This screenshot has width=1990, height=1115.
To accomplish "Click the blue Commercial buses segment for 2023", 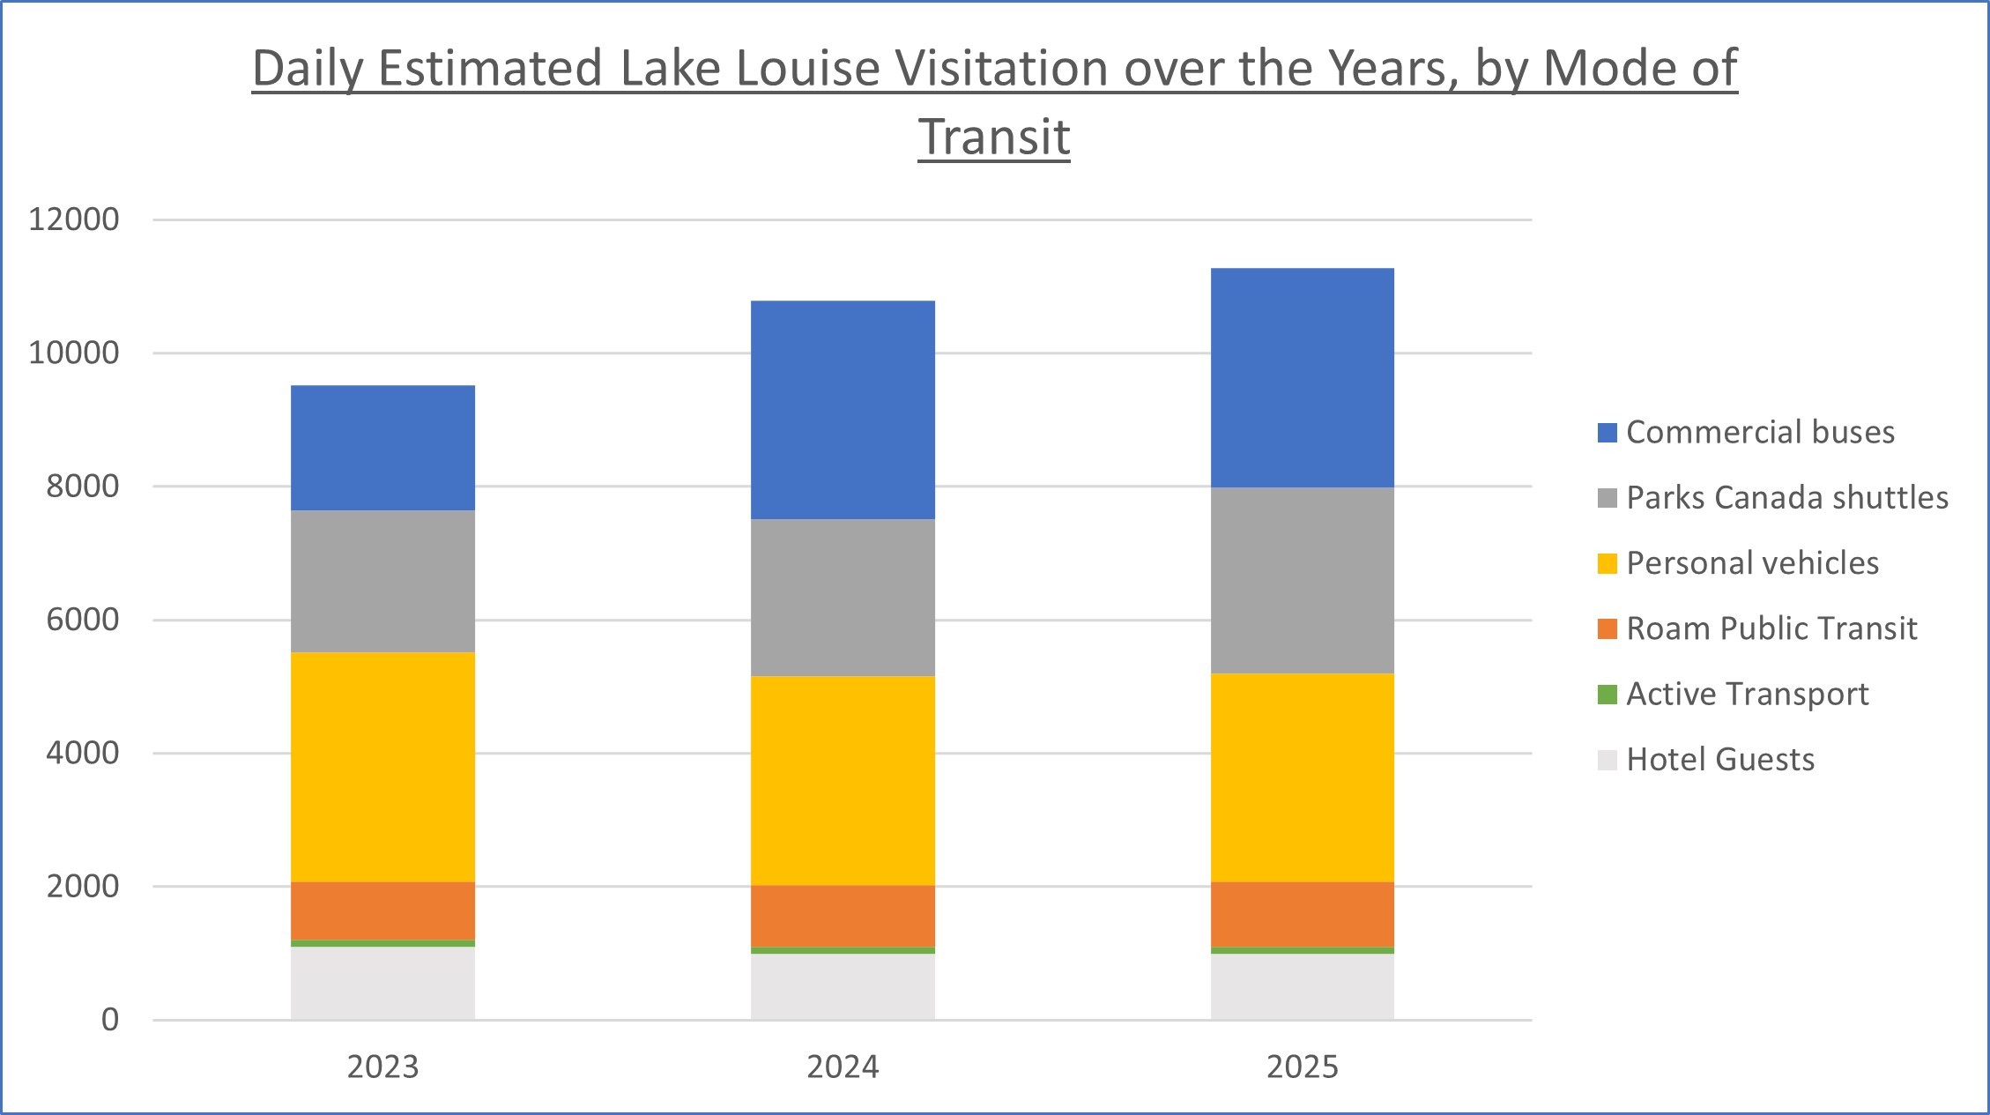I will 382,448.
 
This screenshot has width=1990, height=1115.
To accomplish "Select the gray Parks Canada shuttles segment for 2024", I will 843,598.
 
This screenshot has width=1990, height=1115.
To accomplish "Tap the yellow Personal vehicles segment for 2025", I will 1302,777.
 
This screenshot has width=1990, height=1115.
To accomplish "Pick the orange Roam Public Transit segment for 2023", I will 382,911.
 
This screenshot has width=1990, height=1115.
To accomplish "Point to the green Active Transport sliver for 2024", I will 843,950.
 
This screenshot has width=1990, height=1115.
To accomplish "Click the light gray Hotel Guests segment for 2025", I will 1302,986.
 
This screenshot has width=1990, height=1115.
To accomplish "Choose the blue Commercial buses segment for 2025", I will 1302,377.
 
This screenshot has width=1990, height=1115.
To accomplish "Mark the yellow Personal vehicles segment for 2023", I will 382,767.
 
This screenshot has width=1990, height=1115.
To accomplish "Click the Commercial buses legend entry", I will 1759,432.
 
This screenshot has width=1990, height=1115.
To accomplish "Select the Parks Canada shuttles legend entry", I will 1786,497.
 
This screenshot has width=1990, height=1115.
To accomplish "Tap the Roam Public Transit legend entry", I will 1771,628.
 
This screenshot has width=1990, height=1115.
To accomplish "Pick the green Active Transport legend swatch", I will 1607,695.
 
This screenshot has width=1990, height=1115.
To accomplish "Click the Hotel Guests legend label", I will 1719,759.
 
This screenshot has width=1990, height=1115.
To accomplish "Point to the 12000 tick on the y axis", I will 74,219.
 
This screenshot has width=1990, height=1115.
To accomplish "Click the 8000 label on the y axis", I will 82,486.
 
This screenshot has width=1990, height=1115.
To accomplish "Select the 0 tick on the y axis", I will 110,1020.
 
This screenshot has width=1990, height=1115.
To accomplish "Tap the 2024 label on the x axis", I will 843,1067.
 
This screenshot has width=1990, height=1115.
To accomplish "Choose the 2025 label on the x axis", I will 1302,1067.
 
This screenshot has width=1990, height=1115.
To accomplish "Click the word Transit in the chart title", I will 993,138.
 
